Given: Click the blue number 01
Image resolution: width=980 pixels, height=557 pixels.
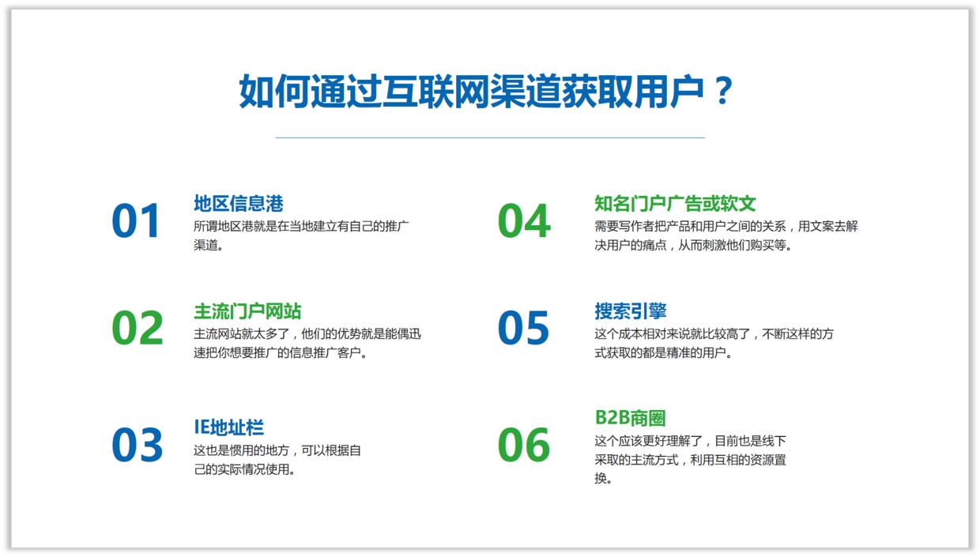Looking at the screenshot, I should coord(136,221).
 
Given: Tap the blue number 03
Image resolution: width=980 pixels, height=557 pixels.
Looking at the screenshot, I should coord(137,445).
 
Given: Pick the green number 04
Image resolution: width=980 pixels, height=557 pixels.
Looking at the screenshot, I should coord(523,221).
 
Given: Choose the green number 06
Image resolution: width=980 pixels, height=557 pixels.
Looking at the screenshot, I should coord(523,445).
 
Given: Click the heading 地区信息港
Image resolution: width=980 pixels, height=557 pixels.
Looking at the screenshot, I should coord(238,204).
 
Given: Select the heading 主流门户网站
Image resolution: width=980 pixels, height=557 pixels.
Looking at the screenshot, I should coord(247,311).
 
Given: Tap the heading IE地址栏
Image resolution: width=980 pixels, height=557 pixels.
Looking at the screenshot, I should coord(228,427).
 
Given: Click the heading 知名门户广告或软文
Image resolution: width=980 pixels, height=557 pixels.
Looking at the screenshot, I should coord(675,204).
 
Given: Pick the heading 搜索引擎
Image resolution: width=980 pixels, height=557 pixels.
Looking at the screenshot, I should coord(630,311).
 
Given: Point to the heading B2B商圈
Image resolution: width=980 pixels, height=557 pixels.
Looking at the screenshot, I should coord(630,418).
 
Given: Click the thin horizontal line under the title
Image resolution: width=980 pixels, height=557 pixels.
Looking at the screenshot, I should coord(489,137).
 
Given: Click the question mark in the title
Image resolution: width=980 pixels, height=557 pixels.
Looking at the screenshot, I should coord(722,92).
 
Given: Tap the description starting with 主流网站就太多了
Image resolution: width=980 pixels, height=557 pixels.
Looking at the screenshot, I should coord(307,344).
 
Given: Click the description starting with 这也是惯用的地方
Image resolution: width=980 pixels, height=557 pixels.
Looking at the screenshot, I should coord(277,460).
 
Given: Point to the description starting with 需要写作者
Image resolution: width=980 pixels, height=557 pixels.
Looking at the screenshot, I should coord(726,235).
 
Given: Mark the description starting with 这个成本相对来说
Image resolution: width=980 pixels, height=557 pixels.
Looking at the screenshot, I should coord(714,344).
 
